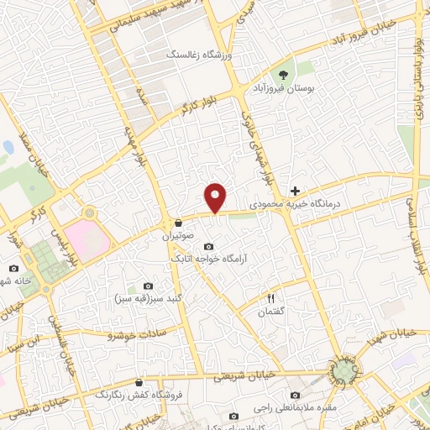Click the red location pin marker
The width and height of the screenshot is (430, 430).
(x=217, y=197)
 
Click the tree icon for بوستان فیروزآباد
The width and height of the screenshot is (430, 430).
(x=291, y=71)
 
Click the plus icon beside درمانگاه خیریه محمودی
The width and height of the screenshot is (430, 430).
(x=295, y=191)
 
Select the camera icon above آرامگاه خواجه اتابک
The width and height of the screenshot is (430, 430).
(x=208, y=246)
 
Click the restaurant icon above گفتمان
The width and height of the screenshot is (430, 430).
(x=270, y=297)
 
